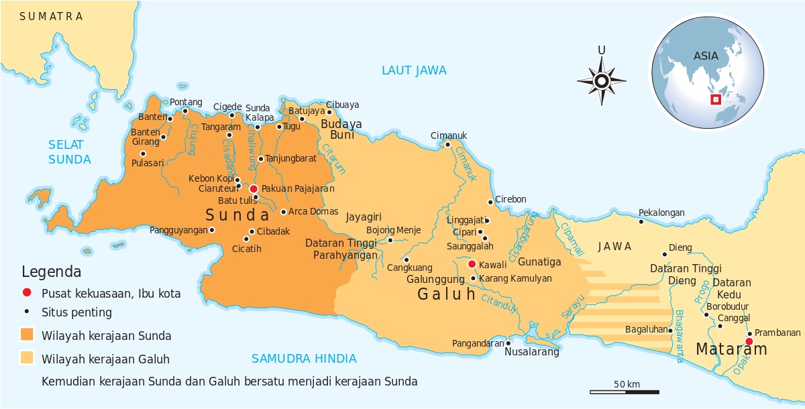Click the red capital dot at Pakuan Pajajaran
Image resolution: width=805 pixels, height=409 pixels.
pos(254,189)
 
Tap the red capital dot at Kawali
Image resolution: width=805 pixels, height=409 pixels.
pos(472,264)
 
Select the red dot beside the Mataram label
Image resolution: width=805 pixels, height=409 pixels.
pos(749,341)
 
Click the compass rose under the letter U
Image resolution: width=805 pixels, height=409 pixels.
pos(602,81)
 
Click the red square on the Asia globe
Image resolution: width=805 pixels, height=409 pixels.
pos(715,100)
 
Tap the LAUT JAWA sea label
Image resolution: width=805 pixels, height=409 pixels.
pos(414,70)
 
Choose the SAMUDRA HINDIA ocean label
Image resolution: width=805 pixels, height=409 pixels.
pos(304,359)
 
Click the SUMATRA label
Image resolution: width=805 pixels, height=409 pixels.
pos(52,16)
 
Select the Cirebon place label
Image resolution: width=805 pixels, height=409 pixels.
pos(511,199)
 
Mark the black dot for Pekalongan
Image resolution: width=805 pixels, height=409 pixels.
pos(641,221)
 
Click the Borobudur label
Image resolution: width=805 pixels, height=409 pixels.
pos(728,306)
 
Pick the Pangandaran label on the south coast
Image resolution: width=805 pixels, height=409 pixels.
pos(478,343)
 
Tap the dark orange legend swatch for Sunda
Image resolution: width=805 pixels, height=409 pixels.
pos(28,335)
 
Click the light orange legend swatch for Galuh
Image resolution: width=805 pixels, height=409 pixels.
pos(28,358)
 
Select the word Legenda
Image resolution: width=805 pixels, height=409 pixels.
pos(52,272)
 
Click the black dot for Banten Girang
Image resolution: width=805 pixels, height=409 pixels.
pos(163,137)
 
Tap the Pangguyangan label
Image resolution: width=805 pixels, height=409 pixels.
pos(178,230)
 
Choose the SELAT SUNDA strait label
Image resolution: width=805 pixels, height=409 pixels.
pos(69,152)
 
